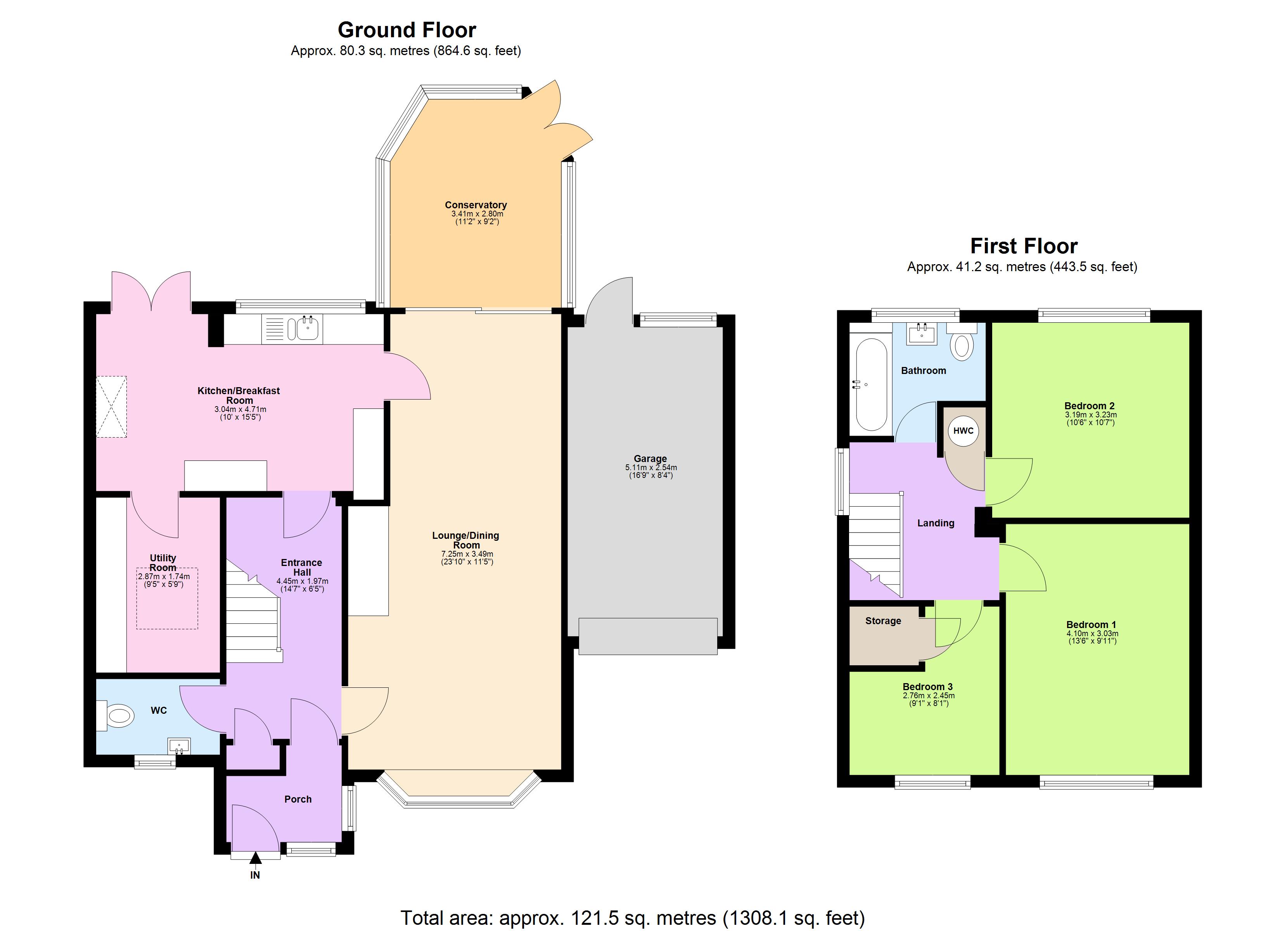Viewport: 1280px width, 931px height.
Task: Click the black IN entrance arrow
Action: click(x=256, y=858)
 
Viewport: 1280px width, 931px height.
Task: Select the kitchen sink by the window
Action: click(x=306, y=329)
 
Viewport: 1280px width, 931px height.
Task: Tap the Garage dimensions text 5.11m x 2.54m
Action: click(x=651, y=467)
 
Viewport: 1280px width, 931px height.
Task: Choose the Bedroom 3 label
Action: click(x=927, y=687)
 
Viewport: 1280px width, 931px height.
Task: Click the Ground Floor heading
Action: click(x=406, y=29)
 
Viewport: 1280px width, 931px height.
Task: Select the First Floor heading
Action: click(x=1023, y=246)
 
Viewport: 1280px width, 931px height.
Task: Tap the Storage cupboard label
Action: click(x=883, y=621)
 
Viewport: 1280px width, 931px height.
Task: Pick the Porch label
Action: click(x=298, y=799)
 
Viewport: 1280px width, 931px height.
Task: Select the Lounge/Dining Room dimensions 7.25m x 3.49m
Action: click(x=467, y=554)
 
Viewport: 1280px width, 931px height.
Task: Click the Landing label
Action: click(x=935, y=523)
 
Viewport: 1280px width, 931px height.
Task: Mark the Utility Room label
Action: click(x=163, y=562)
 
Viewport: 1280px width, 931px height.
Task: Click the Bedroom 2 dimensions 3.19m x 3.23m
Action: click(x=1089, y=414)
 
